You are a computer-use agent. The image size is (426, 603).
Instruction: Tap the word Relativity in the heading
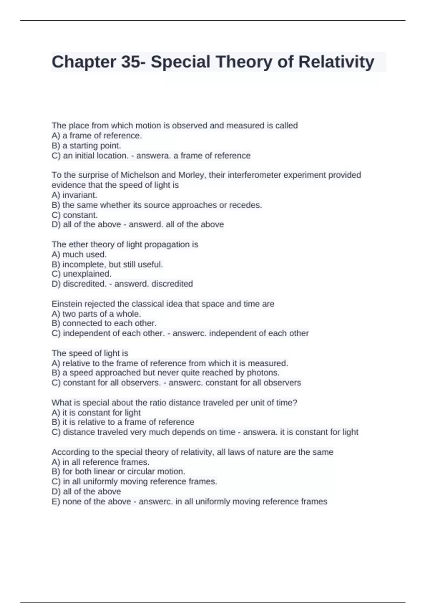point(336,62)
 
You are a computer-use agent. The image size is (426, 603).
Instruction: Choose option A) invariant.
point(74,195)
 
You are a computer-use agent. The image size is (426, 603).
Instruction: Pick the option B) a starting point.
point(86,146)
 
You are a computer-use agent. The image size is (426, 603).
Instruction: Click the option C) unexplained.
point(82,274)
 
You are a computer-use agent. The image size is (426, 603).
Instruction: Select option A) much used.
point(79,254)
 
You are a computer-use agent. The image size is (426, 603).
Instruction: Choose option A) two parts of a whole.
point(96,314)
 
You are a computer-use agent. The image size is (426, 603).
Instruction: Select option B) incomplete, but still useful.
point(107,264)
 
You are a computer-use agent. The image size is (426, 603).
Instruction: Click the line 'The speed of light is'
point(90,353)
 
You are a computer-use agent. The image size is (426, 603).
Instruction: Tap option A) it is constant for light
point(96,413)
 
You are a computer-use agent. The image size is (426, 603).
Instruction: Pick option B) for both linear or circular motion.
point(118,472)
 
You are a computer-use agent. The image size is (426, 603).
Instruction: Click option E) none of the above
point(91,502)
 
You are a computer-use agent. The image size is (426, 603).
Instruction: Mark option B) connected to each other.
point(104,323)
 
